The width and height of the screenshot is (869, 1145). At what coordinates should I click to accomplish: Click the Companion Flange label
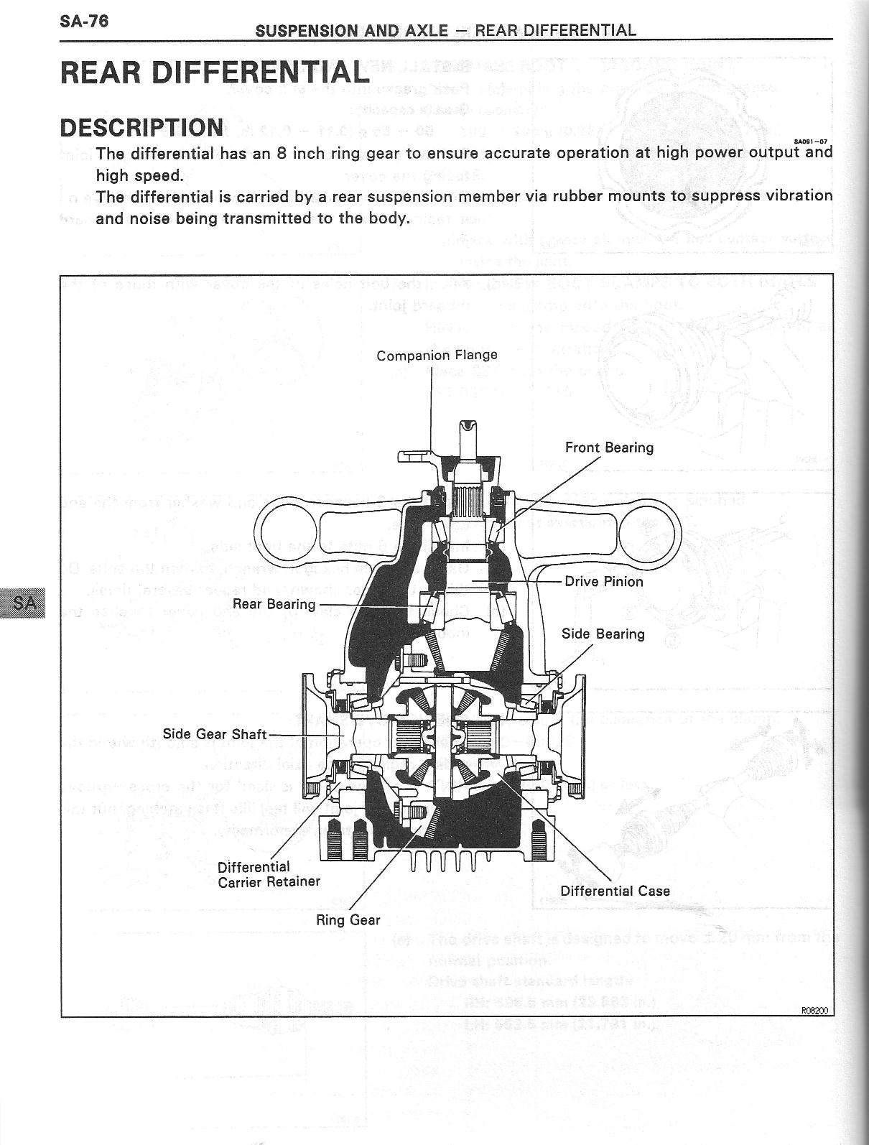(437, 355)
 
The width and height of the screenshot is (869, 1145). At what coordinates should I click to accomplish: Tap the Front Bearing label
(609, 448)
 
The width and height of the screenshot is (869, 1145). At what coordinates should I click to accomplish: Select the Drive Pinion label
(603, 581)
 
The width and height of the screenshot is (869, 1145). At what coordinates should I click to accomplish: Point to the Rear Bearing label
(274, 604)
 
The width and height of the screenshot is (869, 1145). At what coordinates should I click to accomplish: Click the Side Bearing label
(603, 634)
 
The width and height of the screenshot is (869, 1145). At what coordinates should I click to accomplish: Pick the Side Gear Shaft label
(214, 734)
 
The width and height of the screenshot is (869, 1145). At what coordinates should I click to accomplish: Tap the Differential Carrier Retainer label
(269, 874)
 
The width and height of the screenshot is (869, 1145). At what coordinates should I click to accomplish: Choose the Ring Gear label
(348, 919)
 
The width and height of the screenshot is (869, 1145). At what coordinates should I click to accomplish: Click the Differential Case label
(615, 891)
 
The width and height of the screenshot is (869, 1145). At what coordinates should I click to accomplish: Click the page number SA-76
(84, 21)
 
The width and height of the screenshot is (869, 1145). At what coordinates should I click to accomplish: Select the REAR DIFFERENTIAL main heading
(214, 72)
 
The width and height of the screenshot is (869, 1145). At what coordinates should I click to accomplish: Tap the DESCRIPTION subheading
(141, 127)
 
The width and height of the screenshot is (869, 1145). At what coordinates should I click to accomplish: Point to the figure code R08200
(814, 1011)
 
